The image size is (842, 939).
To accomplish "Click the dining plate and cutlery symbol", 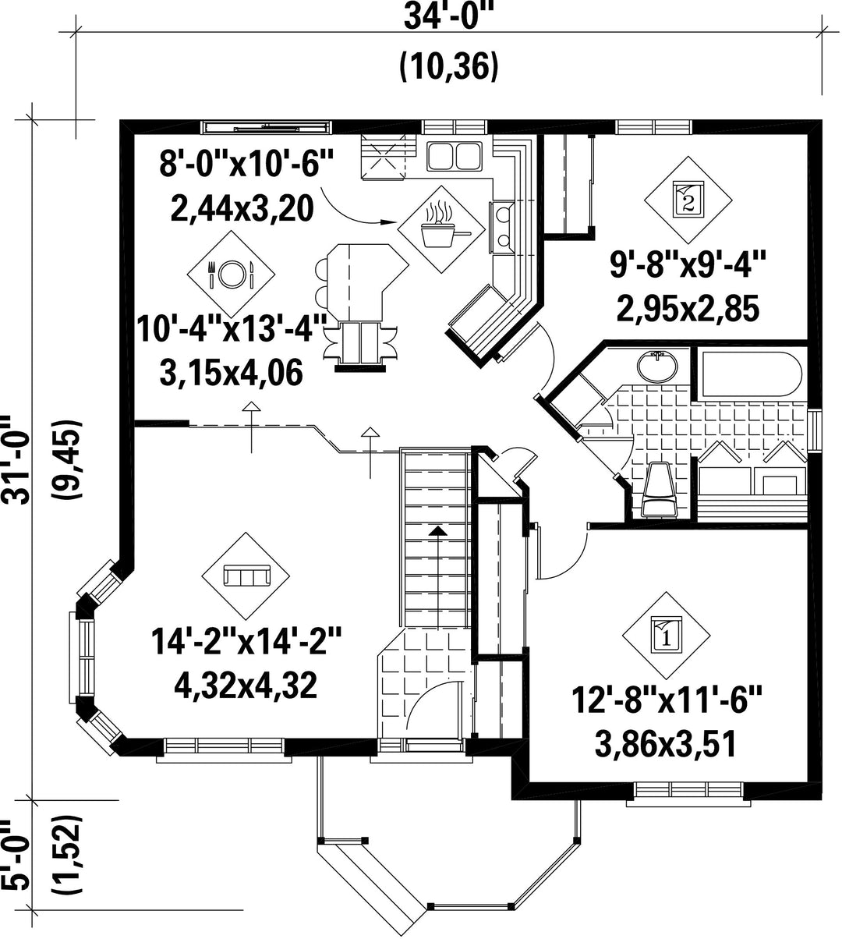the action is coord(231,274).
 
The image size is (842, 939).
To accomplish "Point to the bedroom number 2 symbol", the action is coord(688,200).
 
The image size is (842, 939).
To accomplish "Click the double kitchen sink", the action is coord(455,156).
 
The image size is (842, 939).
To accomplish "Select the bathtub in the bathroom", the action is coord(752,375).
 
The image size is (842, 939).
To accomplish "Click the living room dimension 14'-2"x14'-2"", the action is coord(246,641).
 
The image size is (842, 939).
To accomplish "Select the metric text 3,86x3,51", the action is coord(666,745).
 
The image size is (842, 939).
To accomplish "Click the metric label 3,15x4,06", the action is coord(232,372).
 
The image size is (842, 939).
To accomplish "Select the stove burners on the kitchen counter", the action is coord(503,227).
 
